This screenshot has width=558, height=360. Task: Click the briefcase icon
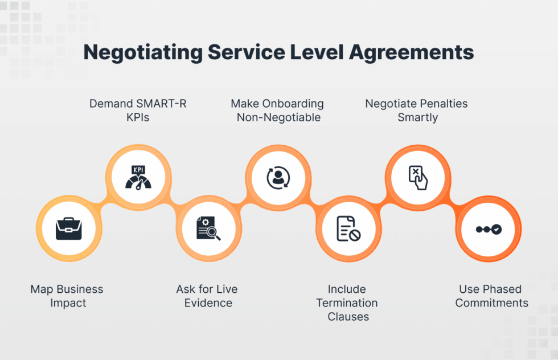68,229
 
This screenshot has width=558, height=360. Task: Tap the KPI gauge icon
138,177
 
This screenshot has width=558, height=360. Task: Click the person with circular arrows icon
278,177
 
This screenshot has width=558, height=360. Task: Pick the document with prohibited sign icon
348,229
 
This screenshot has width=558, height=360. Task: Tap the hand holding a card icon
418,177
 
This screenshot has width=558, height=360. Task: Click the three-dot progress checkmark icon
489,229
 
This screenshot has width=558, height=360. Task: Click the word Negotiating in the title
142,52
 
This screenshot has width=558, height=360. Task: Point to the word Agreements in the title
411,52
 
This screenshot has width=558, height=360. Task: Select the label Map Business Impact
67,296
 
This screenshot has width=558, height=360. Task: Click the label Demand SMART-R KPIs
138,111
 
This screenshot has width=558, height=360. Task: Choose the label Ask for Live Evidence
207,296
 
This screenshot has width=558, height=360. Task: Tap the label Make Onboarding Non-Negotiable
277,111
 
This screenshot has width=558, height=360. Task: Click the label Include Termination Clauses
347,302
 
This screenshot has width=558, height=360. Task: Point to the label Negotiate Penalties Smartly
417,111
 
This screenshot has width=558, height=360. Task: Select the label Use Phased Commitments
491,296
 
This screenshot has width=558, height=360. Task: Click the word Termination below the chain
347,303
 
